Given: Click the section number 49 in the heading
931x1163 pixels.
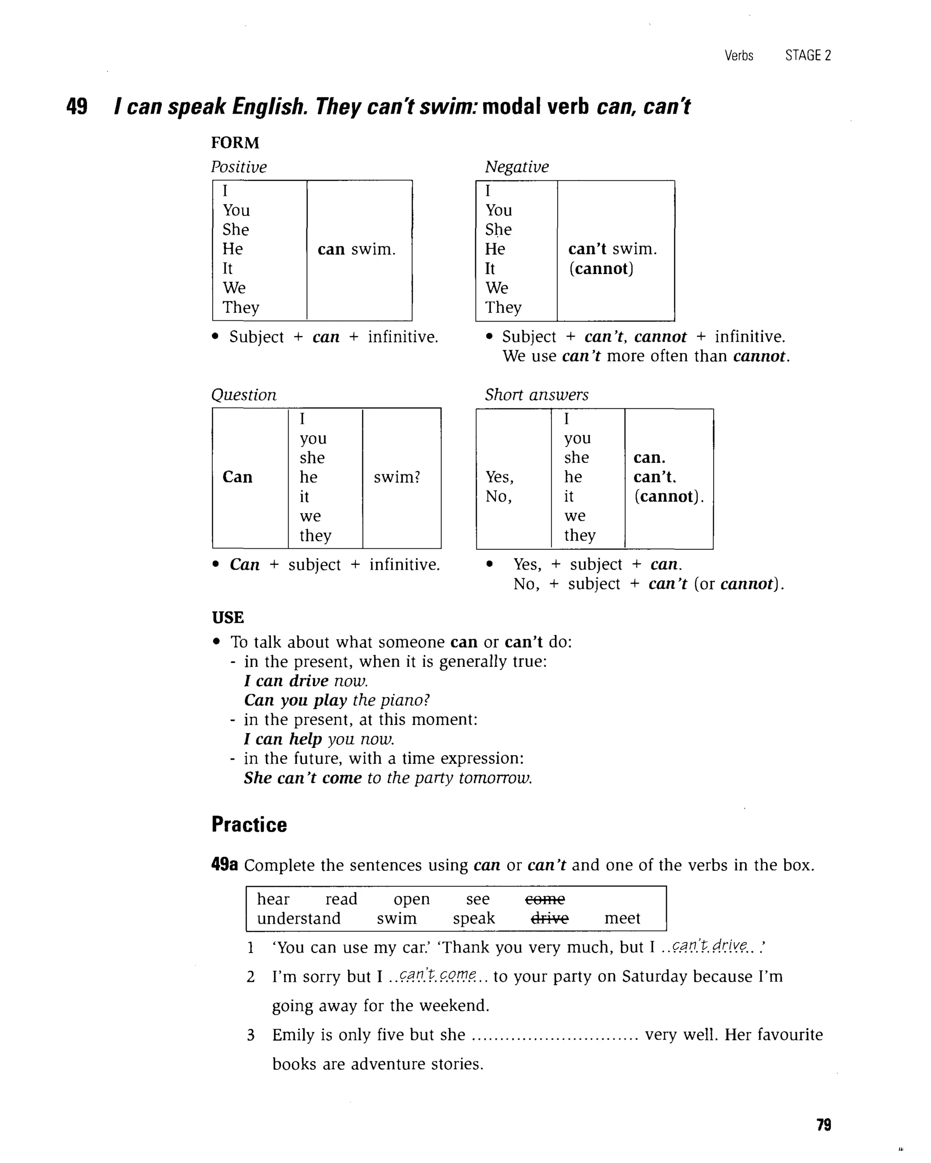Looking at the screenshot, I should click(x=77, y=106).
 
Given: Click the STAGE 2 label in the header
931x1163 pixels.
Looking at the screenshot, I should click(x=808, y=55).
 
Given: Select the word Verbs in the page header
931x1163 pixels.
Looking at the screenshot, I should click(x=738, y=55).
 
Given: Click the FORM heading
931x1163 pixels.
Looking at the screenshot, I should click(x=235, y=143).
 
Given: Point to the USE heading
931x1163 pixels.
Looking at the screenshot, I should click(x=228, y=618).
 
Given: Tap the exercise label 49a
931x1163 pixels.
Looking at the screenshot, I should click(x=225, y=865).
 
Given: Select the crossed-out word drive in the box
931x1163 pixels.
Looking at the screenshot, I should click(x=550, y=918).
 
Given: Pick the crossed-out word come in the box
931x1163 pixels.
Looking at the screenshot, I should click(x=545, y=899).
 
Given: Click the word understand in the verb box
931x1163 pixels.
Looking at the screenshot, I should click(x=299, y=918).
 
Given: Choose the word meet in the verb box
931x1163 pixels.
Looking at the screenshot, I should click(x=622, y=918).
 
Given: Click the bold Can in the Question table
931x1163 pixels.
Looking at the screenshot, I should click(x=237, y=477).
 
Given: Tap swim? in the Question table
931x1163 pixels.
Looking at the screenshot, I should click(x=397, y=477).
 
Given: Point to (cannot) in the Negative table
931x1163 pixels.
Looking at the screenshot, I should click(x=601, y=268).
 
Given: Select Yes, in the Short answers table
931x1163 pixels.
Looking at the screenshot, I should click(x=499, y=477).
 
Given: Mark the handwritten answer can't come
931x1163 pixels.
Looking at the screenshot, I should click(x=438, y=975).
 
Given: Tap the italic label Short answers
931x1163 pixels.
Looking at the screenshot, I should click(x=536, y=395).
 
